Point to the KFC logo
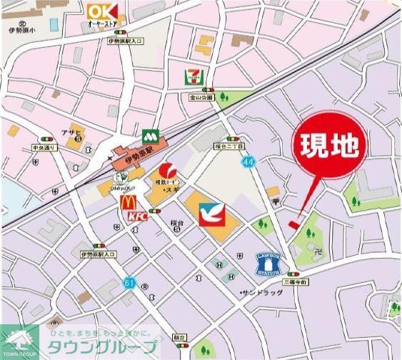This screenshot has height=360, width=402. pos(137,215)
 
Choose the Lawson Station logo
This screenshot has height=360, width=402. pos(268,264)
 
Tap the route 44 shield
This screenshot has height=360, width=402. pos(248,163)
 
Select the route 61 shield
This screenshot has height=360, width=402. pos(128,283)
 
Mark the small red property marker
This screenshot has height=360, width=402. pos(294,224)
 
